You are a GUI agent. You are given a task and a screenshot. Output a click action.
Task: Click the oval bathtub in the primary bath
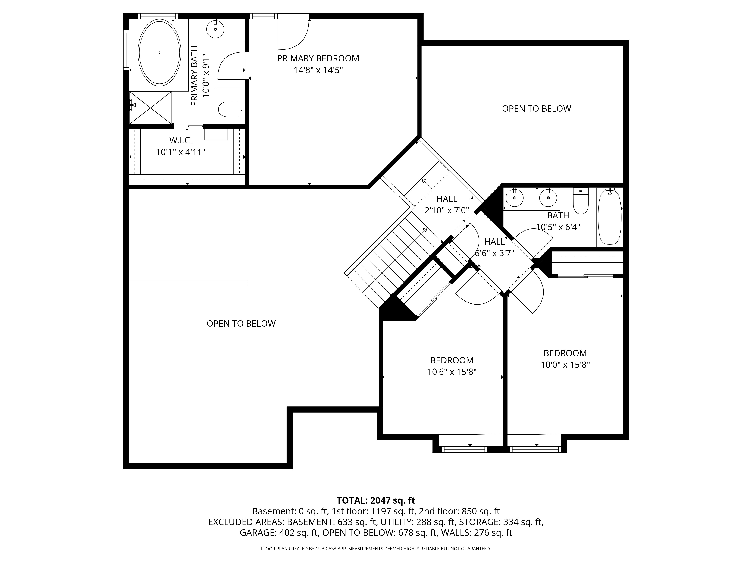pos(159,52)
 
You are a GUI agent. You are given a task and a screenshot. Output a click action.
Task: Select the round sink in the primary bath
pos(215,29)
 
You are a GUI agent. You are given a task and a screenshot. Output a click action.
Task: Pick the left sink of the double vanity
pos(514,198)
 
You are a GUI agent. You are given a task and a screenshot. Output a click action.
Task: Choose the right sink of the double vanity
pos(548,198)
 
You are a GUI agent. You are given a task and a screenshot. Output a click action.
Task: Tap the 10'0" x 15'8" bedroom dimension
pos(565,365)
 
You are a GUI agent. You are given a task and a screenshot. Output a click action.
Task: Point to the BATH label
pos(558,215)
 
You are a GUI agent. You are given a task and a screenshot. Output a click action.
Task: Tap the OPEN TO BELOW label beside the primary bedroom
pos(537,109)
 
